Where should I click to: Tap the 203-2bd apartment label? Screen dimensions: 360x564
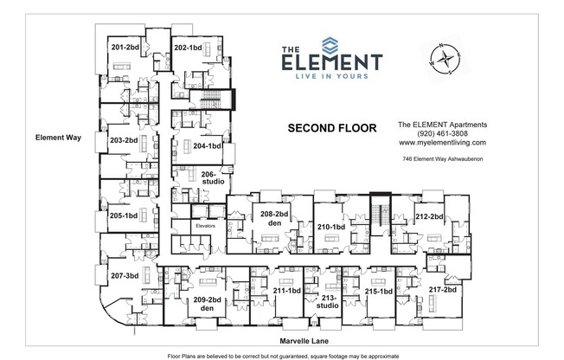124,139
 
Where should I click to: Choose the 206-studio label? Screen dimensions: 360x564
213,177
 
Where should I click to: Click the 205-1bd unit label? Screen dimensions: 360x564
124,215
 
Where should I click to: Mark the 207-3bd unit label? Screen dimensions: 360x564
125,276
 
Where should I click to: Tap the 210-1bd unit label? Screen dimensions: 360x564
330,227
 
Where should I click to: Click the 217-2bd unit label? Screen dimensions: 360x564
442,290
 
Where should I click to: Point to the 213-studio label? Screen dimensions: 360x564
327,301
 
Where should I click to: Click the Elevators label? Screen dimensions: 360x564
205,226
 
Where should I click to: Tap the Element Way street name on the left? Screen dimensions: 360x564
57,137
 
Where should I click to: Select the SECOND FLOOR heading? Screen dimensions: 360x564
331,128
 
